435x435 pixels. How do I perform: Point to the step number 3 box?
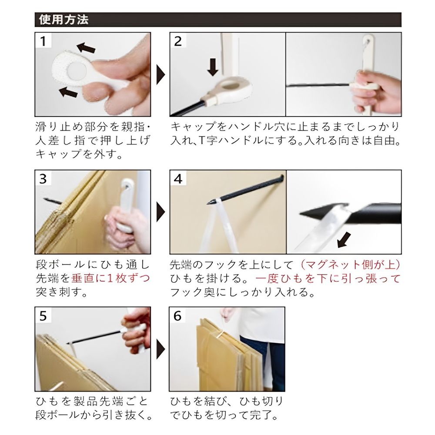click(x=43, y=178)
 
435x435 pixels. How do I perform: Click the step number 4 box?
click(x=177, y=178)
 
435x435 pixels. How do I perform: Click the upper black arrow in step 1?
click(x=87, y=47)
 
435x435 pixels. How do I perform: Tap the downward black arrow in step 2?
click(x=213, y=67)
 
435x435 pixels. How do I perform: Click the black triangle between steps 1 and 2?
click(x=161, y=75)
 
